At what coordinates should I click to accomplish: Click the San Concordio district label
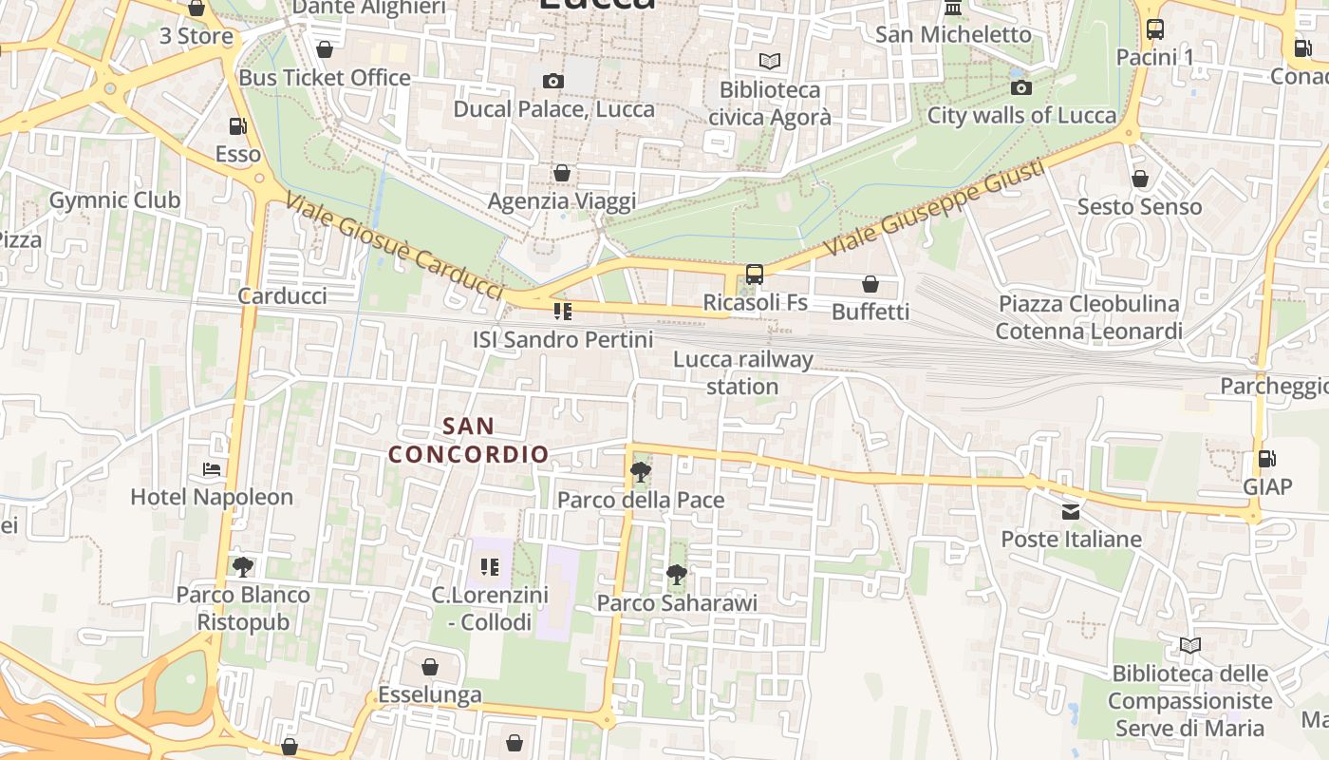tap(469, 440)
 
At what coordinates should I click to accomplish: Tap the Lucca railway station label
tap(743, 373)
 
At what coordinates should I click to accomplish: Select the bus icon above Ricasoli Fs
tap(755, 275)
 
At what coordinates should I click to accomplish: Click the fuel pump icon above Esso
tap(237, 126)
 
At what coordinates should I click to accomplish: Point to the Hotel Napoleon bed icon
tap(212, 469)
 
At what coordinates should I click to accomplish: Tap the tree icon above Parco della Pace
tap(641, 471)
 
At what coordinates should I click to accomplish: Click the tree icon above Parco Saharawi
tap(676, 574)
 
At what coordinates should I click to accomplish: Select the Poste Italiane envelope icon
tap(1071, 512)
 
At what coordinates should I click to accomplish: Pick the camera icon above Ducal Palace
tap(553, 82)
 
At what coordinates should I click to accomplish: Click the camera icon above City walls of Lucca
tap(1021, 88)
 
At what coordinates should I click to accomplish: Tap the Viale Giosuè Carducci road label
tap(394, 245)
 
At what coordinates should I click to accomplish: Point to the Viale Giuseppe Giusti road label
tap(934, 208)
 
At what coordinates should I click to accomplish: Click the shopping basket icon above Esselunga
tap(430, 667)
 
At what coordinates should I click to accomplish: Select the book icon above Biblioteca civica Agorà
tap(770, 62)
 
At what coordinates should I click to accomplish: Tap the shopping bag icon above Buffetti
tap(870, 284)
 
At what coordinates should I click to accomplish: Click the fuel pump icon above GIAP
tap(1267, 459)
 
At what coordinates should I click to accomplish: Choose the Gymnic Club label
tap(114, 200)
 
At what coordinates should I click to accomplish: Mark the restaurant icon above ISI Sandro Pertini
tap(563, 312)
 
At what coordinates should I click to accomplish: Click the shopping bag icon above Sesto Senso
tap(1140, 179)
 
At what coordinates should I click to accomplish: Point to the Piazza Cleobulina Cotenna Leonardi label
tap(1089, 317)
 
